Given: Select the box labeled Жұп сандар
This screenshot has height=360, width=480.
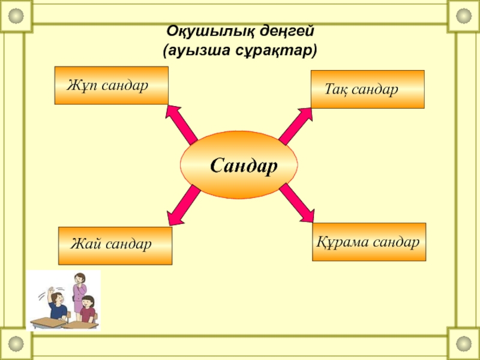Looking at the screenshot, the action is click(111, 85).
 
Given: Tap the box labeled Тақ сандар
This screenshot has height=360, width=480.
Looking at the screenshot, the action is click(367, 89).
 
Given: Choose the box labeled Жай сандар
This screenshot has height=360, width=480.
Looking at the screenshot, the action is click(115, 245).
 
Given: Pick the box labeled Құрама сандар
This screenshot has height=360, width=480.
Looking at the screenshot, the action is click(369, 242).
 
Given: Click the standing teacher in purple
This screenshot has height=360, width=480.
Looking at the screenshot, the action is click(79, 290).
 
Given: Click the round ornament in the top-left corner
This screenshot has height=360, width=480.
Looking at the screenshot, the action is click(16, 16).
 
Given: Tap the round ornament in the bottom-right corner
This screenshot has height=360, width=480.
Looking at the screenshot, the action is click(464, 343).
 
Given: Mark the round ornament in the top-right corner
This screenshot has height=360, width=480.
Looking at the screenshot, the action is click(464, 16).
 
